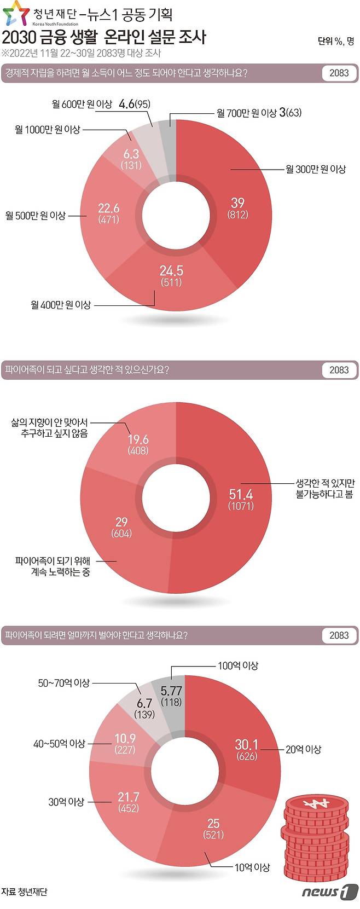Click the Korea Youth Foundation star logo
click(x=15, y=13)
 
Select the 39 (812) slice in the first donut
click(x=237, y=208)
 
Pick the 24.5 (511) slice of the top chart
click(x=171, y=276)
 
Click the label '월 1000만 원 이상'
click(x=48, y=130)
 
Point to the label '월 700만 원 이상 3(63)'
click(x=259, y=113)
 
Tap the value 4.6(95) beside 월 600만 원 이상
click(x=135, y=104)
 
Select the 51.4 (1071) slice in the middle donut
click(x=241, y=499)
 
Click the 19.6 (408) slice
click(x=138, y=444)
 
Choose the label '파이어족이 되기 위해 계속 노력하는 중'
click(x=53, y=566)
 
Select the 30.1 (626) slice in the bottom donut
click(x=246, y=750)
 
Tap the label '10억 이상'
click(x=252, y=867)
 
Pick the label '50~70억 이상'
click(x=63, y=683)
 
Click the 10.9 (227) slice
click(x=125, y=744)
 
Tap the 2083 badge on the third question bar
click(x=339, y=635)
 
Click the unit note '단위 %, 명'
click(x=335, y=41)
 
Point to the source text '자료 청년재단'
click(x=24, y=891)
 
